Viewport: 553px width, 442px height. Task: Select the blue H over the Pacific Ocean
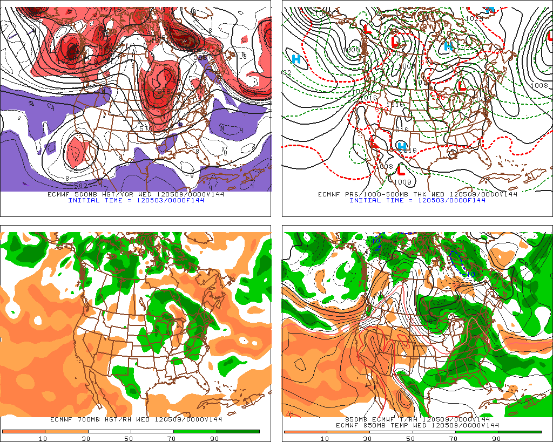[296, 59]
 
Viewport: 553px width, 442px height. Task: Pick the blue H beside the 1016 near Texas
[401, 146]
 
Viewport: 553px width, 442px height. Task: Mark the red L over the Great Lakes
[462, 85]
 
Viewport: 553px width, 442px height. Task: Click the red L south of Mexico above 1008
[401, 170]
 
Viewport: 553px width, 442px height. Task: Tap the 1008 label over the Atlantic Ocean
[539, 86]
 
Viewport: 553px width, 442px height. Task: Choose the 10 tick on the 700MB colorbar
[43, 438]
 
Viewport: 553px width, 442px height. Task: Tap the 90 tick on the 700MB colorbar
[215, 438]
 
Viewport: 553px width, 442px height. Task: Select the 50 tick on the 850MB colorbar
[411, 438]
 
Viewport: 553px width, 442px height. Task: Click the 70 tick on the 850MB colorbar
[454, 438]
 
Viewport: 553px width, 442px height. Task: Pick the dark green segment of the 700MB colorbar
[238, 432]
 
